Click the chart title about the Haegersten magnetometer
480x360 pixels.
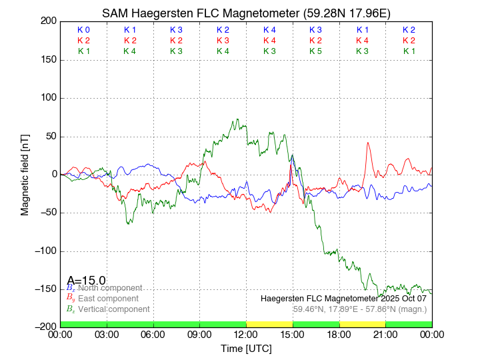point(246,13)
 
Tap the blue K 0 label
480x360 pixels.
point(83,30)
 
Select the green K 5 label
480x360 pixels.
point(315,51)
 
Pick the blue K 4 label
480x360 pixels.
point(269,30)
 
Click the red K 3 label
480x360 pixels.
point(223,41)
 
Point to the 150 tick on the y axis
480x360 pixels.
point(47,60)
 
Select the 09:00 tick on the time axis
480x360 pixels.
point(200,335)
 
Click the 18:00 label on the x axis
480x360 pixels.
point(339,335)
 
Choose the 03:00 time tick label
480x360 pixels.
point(107,335)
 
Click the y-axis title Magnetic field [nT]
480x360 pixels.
point(25,174)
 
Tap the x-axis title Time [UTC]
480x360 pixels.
point(246,349)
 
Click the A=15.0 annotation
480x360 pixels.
point(86,281)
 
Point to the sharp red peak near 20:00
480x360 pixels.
point(367,143)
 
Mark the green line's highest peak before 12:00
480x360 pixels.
point(237,120)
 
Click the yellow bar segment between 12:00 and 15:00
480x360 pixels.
point(269,324)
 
